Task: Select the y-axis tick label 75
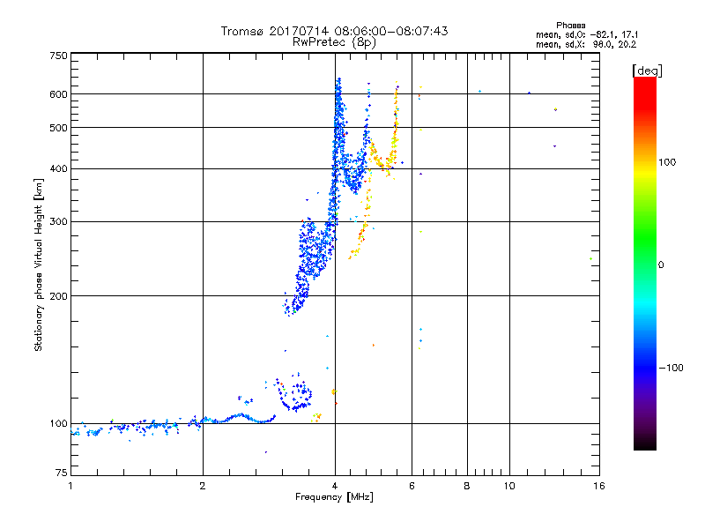(x=61, y=476)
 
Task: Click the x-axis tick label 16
(x=598, y=486)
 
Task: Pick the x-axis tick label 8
(x=467, y=486)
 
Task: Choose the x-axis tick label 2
(x=203, y=486)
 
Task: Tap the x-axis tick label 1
(x=70, y=486)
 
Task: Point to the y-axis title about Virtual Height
(x=39, y=264)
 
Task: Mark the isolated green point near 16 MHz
(x=590, y=258)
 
